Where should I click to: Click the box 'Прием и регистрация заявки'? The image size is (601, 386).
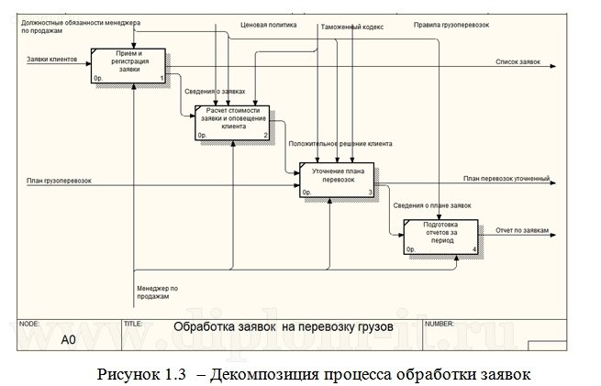128,65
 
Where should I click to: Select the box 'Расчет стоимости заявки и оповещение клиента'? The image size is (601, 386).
232,122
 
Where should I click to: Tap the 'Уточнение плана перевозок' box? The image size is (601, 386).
337,179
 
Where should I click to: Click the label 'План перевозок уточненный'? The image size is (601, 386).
506,178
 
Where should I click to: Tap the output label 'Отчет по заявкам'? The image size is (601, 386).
521,230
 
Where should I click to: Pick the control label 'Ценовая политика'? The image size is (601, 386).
269,25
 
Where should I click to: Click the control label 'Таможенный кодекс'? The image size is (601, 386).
351,28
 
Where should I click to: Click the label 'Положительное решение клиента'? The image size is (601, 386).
340,144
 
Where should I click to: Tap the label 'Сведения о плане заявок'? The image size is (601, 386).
431,205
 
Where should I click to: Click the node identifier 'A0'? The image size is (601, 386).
68,338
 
